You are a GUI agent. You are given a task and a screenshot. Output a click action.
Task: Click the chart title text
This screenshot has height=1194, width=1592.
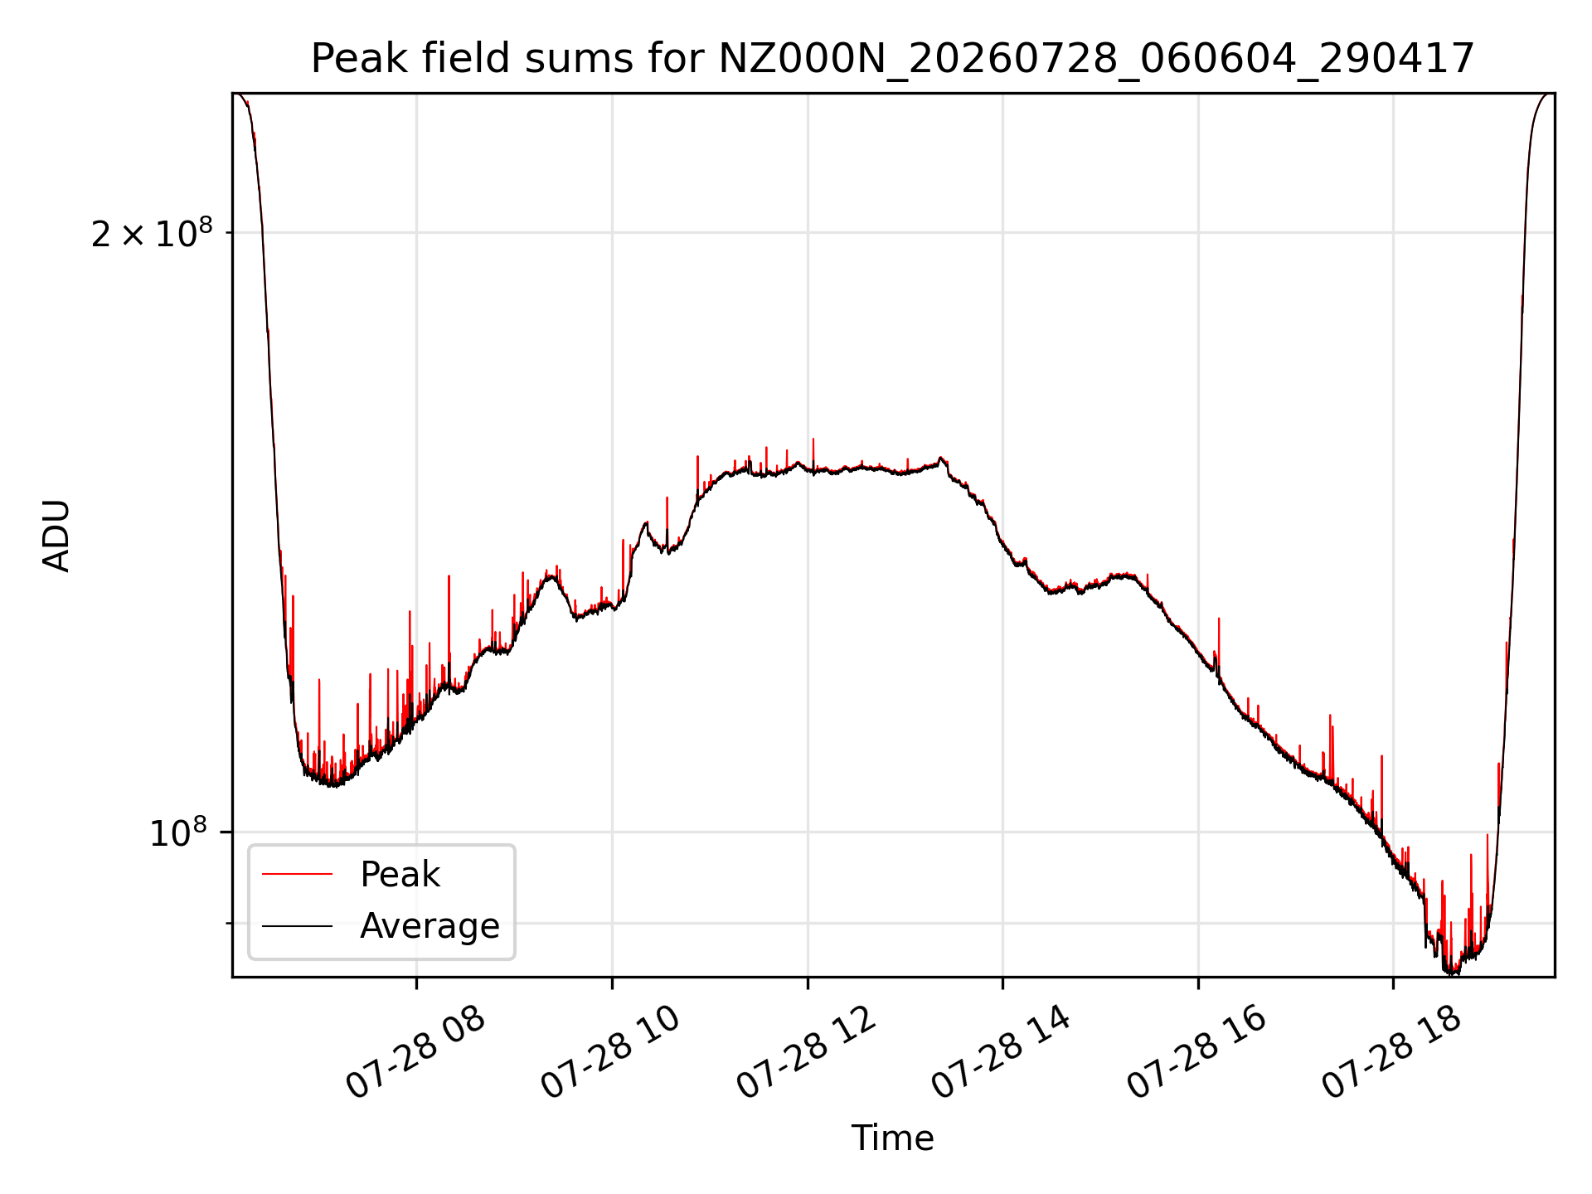pyautogui.click(x=892, y=59)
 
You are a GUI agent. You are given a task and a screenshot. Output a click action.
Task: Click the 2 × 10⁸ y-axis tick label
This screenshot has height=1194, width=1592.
pyautogui.click(x=152, y=233)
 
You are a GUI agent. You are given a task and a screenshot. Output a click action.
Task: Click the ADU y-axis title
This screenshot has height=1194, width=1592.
pyautogui.click(x=56, y=536)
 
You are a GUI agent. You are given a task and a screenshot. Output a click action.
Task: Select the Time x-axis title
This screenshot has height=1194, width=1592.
pyautogui.click(x=892, y=1138)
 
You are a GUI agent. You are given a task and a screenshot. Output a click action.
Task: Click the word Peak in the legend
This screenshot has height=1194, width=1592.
pyautogui.click(x=400, y=875)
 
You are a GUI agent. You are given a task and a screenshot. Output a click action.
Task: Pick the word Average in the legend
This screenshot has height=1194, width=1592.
pyautogui.click(x=430, y=926)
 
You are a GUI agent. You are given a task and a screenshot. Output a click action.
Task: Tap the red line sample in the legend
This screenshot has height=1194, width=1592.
pyautogui.click(x=297, y=874)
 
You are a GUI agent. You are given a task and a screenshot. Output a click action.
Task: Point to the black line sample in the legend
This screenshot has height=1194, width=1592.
pyautogui.click(x=297, y=925)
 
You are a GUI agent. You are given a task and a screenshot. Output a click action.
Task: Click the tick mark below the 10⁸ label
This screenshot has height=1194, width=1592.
pyautogui.click(x=229, y=923)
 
